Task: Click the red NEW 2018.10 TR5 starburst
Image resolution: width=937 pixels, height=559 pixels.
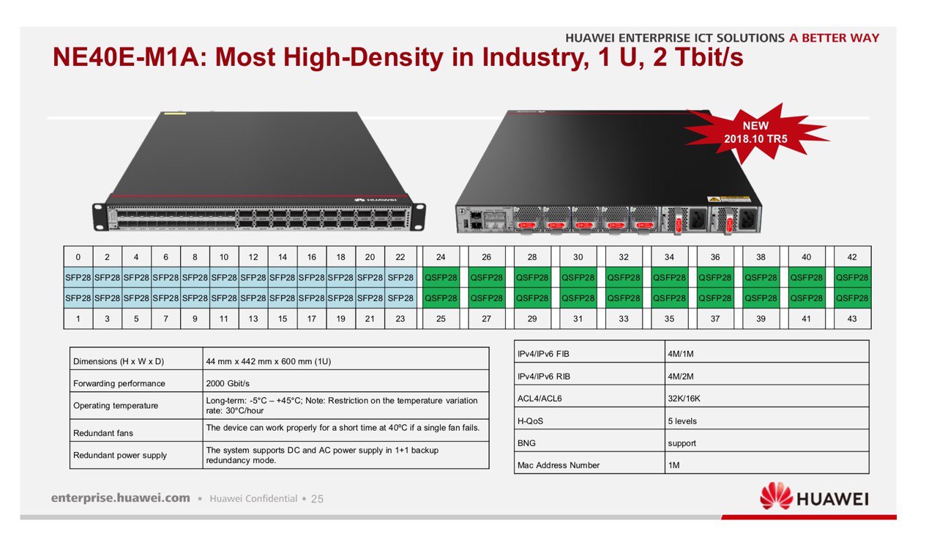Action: coord(755,133)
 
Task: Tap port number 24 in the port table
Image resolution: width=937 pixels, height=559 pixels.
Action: coord(441,257)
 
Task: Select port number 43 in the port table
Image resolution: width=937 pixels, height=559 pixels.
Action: coord(852,319)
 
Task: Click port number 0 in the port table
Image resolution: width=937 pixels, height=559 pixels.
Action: coord(78,257)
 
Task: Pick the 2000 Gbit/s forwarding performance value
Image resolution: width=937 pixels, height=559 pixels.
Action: coord(228,383)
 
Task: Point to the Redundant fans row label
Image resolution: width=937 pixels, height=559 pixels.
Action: coord(103,434)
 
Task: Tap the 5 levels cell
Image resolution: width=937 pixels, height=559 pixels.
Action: coord(682,421)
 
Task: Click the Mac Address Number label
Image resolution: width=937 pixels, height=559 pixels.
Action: coord(558,465)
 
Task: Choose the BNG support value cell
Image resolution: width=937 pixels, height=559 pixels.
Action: coord(682,443)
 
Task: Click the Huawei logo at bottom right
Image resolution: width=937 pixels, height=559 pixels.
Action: coord(814,497)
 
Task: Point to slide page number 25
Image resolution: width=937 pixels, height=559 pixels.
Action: coord(317,499)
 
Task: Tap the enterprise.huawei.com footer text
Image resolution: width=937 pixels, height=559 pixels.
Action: coord(121,498)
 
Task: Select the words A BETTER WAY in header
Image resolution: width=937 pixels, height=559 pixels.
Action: coord(834,38)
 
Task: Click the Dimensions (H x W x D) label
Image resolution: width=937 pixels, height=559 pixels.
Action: coord(117,361)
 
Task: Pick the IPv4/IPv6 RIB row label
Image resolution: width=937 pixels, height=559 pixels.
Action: coord(543,377)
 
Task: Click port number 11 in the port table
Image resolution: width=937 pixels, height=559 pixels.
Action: coord(224,319)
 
